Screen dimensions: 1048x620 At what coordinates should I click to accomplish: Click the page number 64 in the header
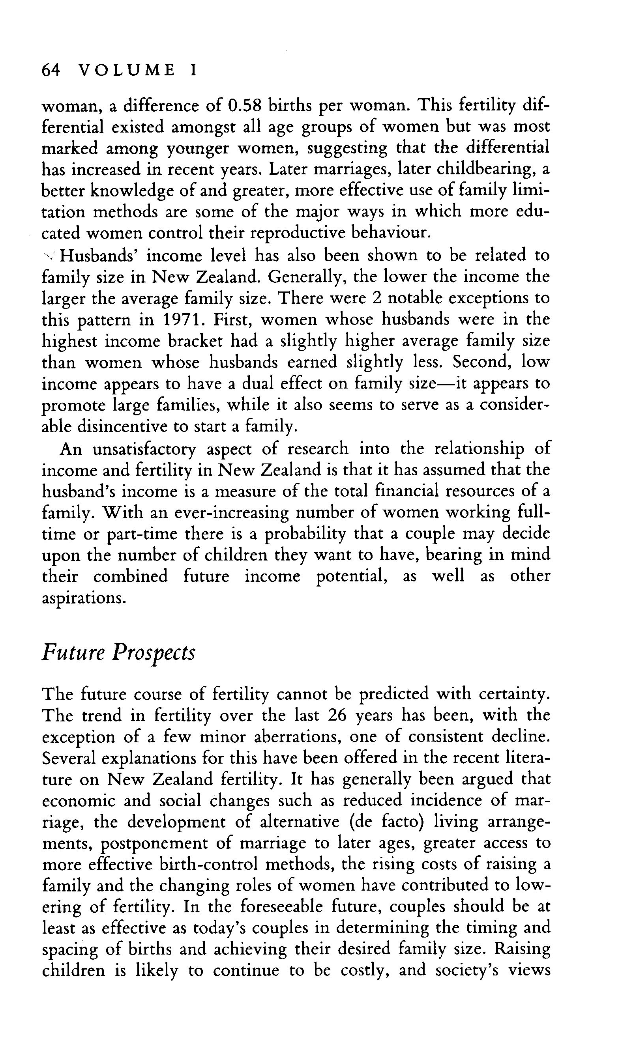pos(51,70)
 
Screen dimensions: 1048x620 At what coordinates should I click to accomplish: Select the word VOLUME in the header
pos(127,70)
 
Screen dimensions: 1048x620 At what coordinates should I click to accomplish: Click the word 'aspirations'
pos(84,598)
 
